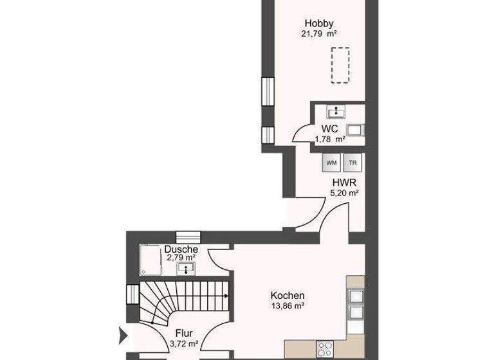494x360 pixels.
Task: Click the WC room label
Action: pyautogui.click(x=330, y=129)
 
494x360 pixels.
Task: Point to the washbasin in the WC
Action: pyautogui.click(x=334, y=112)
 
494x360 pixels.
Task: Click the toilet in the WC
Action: pyautogui.click(x=356, y=130)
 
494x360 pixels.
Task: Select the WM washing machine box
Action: pyautogui.click(x=331, y=163)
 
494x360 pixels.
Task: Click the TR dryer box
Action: pyautogui.click(x=351, y=163)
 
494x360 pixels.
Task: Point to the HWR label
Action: pyautogui.click(x=341, y=182)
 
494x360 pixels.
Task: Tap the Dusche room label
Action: pyautogui.click(x=181, y=249)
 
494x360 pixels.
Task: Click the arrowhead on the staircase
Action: pyautogui.click(x=226, y=296)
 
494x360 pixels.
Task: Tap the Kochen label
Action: pyautogui.click(x=287, y=296)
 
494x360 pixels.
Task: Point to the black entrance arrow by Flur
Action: pyautogui.click(x=123, y=334)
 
